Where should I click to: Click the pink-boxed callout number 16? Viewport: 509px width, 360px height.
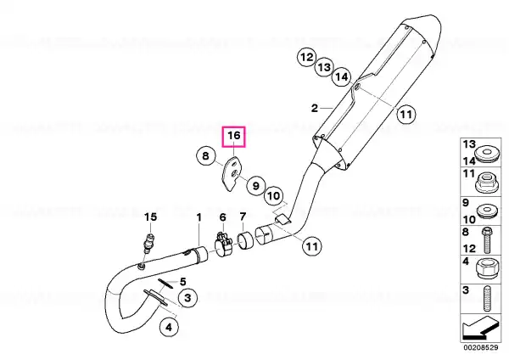point(234,137)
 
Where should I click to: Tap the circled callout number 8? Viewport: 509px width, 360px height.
point(206,155)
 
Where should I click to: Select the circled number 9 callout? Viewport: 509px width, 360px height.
point(256,186)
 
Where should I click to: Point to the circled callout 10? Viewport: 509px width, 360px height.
point(273,196)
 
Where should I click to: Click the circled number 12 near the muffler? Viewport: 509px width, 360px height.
point(306,58)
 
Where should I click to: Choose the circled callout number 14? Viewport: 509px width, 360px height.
point(341,77)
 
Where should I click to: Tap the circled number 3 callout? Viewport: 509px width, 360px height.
point(187,298)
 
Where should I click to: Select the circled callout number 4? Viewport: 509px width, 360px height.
point(169,327)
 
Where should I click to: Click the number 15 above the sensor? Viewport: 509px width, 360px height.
point(150,217)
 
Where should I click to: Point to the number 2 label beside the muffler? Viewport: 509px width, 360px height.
point(314,108)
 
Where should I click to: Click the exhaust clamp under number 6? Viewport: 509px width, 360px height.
point(222,245)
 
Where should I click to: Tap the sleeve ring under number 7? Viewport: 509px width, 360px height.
point(245,242)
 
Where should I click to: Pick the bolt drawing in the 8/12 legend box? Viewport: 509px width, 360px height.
point(487,240)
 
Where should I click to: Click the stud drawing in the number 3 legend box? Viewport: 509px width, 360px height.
point(487,299)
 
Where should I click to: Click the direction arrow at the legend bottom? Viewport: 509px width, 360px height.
point(480,328)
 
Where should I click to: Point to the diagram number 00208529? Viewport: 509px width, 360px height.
point(481,347)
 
